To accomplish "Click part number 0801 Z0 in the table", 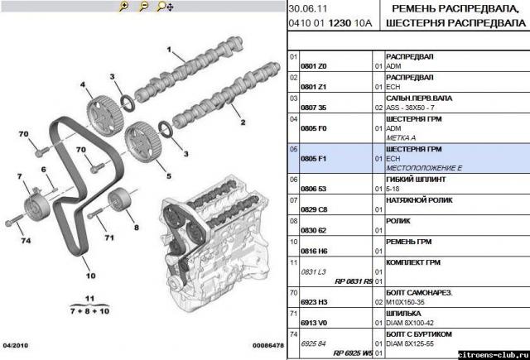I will tap(316, 65).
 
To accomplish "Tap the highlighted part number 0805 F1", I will tap(316, 158).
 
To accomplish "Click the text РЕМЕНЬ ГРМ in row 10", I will tap(413, 242).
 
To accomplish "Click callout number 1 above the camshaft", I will tap(169, 52).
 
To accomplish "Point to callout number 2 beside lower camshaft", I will tap(243, 122).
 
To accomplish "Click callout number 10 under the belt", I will tap(89, 266).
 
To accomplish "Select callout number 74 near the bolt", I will tap(26, 241).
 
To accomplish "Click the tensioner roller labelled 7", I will tap(36, 204).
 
